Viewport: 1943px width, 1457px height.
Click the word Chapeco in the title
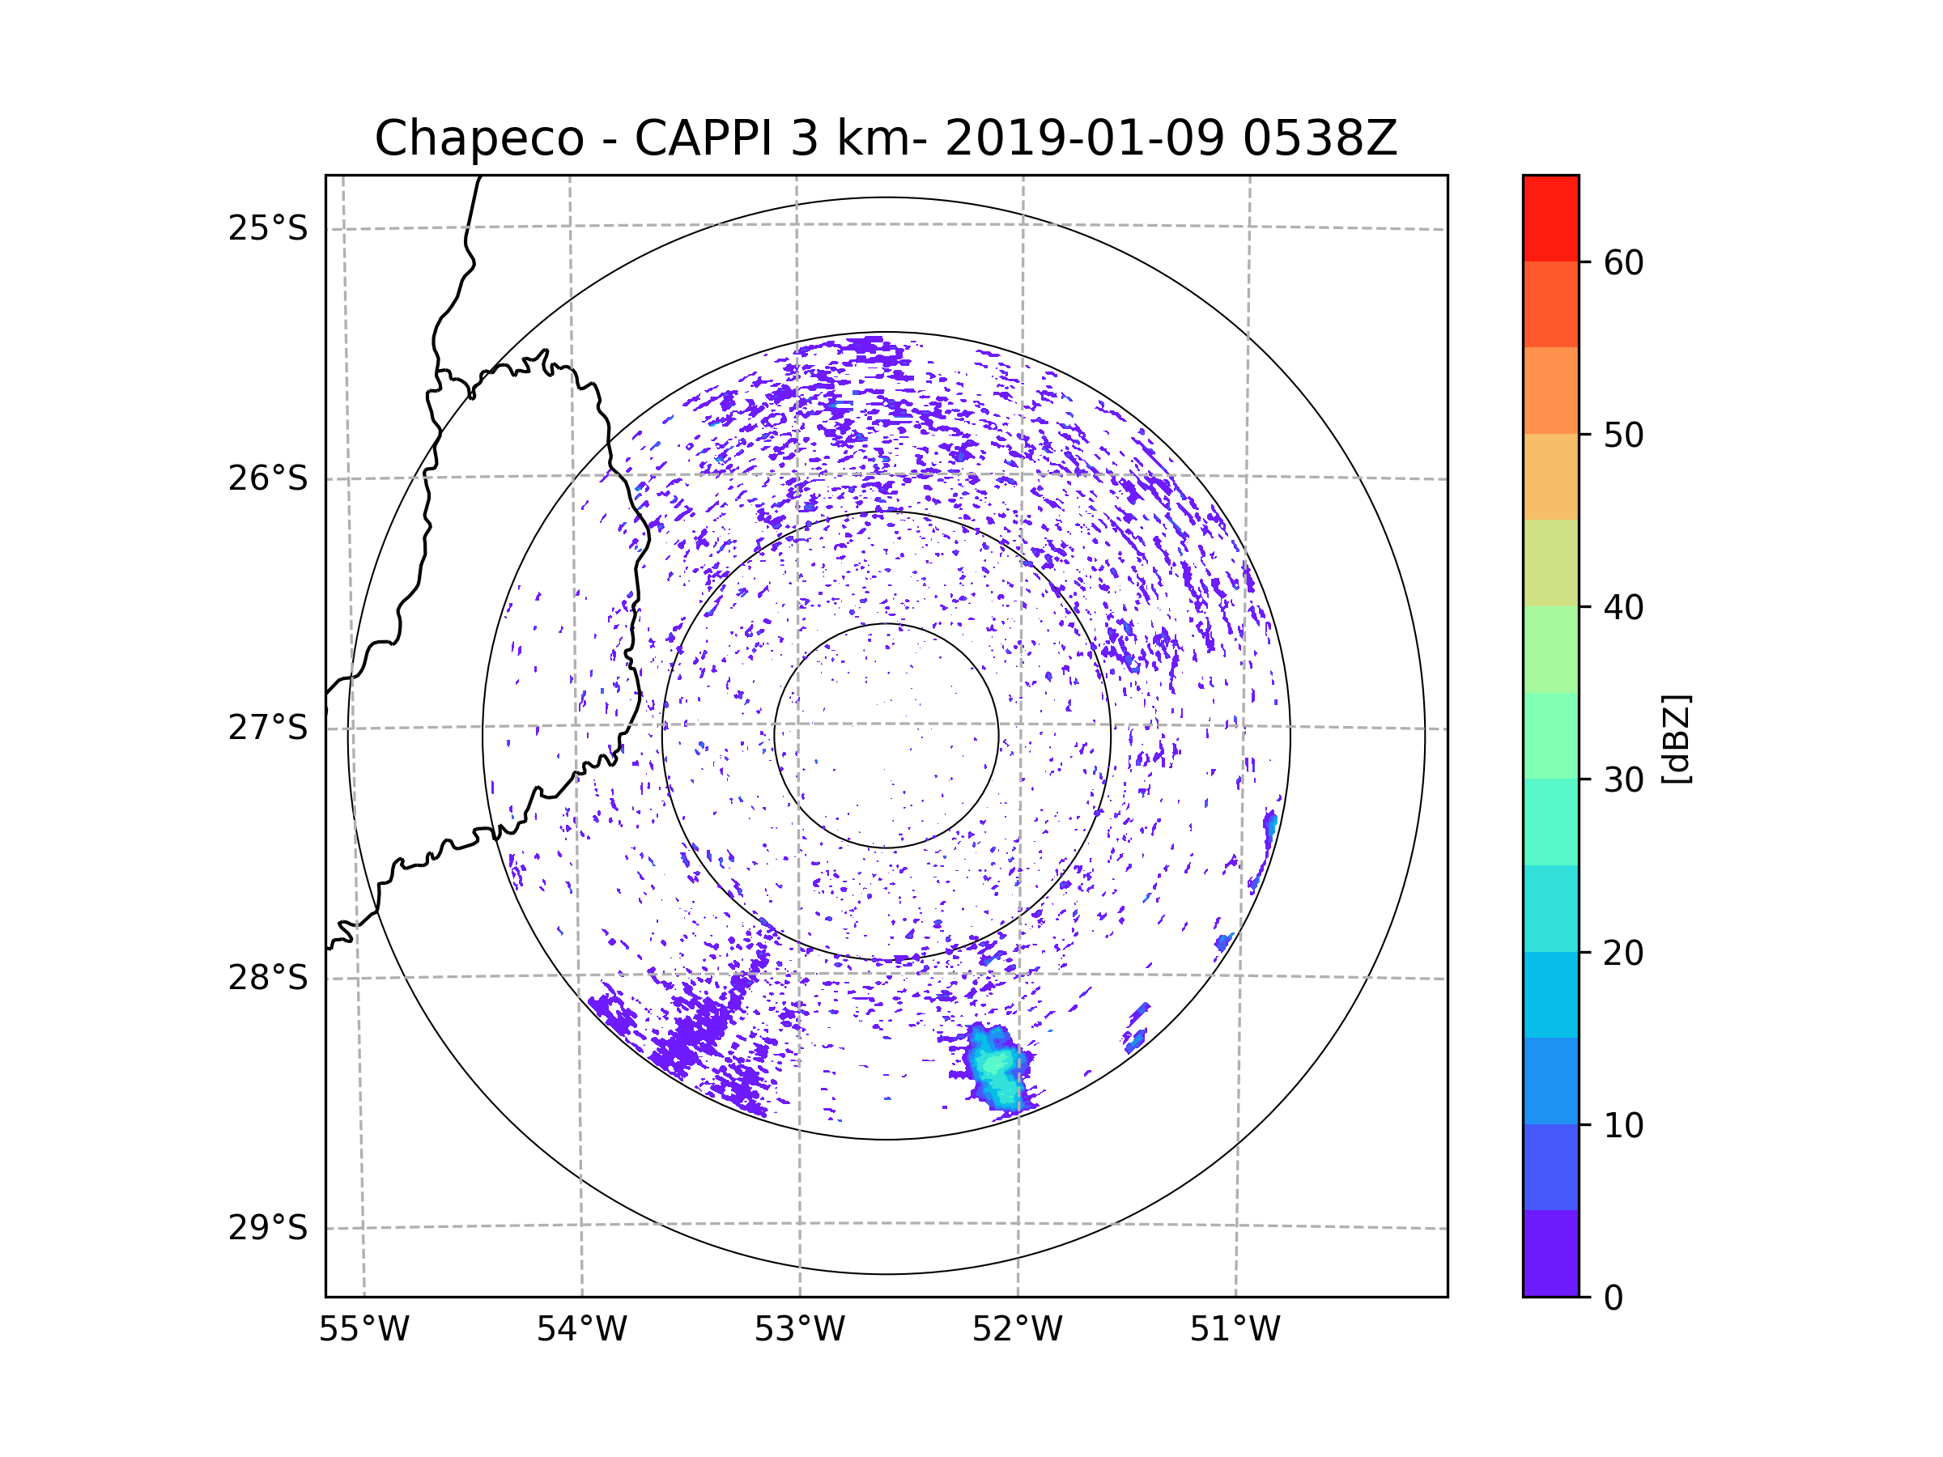click(x=478, y=138)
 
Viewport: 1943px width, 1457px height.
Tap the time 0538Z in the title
click(x=1320, y=138)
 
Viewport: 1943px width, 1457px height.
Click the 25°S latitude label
click(x=268, y=228)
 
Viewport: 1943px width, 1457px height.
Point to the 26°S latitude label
click(x=268, y=478)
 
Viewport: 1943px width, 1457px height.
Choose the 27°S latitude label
click(x=268, y=728)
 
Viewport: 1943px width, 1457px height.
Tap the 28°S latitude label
click(x=268, y=978)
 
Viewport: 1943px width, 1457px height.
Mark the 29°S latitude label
click(x=268, y=1228)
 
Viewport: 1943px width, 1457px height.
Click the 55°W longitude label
click(x=364, y=1330)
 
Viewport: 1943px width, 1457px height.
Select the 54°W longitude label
click(x=581, y=1330)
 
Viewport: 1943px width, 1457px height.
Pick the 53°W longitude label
click(x=799, y=1330)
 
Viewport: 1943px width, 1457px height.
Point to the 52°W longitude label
click(x=1017, y=1330)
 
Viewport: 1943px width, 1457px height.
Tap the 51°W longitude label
click(x=1235, y=1330)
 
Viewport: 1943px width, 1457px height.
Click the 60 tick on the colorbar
click(x=1623, y=262)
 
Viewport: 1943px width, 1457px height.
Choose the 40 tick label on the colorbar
click(x=1623, y=608)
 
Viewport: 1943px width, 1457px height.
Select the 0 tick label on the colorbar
click(x=1613, y=1298)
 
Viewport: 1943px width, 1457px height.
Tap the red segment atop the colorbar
click(x=1550, y=218)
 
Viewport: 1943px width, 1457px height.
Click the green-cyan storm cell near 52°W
click(x=995, y=1067)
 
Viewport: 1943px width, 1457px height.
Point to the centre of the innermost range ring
click(x=886, y=736)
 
